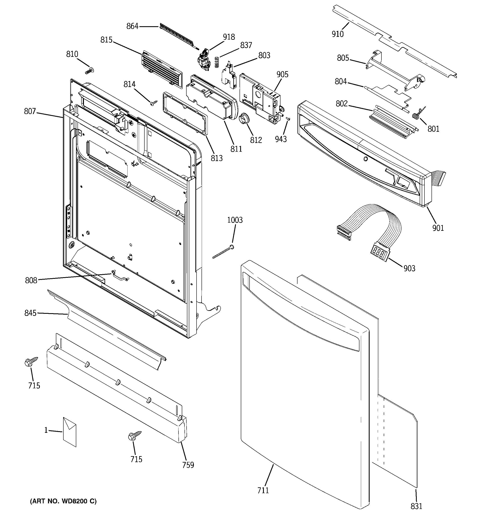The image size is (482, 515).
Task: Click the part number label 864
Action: [132, 26]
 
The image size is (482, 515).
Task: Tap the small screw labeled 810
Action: [90, 71]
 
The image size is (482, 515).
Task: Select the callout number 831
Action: [416, 506]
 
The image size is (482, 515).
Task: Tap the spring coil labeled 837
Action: [217, 62]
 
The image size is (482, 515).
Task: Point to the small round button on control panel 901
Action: [365, 159]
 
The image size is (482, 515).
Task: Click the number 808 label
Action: [31, 280]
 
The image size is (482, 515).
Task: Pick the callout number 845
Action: [30, 313]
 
